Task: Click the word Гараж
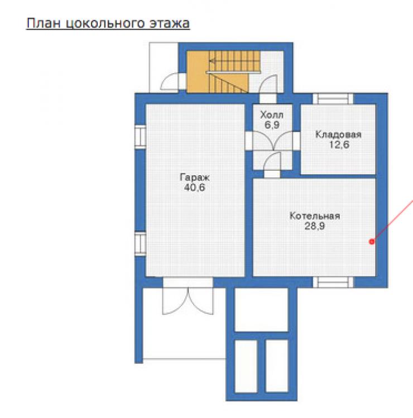point(195,177)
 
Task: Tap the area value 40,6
point(195,188)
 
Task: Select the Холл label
point(272,115)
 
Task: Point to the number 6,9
point(272,125)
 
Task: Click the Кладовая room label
point(338,134)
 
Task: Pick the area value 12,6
point(339,145)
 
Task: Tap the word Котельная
point(315,215)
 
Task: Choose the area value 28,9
point(315,226)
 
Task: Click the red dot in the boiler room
point(372,242)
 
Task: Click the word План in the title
point(44,23)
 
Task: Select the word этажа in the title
point(169,23)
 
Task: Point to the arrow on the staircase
point(234,61)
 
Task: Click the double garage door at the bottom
point(188,296)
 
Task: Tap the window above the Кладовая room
point(333,99)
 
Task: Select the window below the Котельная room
point(333,282)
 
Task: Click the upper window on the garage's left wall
point(140,137)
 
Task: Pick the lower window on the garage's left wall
point(140,244)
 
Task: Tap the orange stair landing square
point(198,72)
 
